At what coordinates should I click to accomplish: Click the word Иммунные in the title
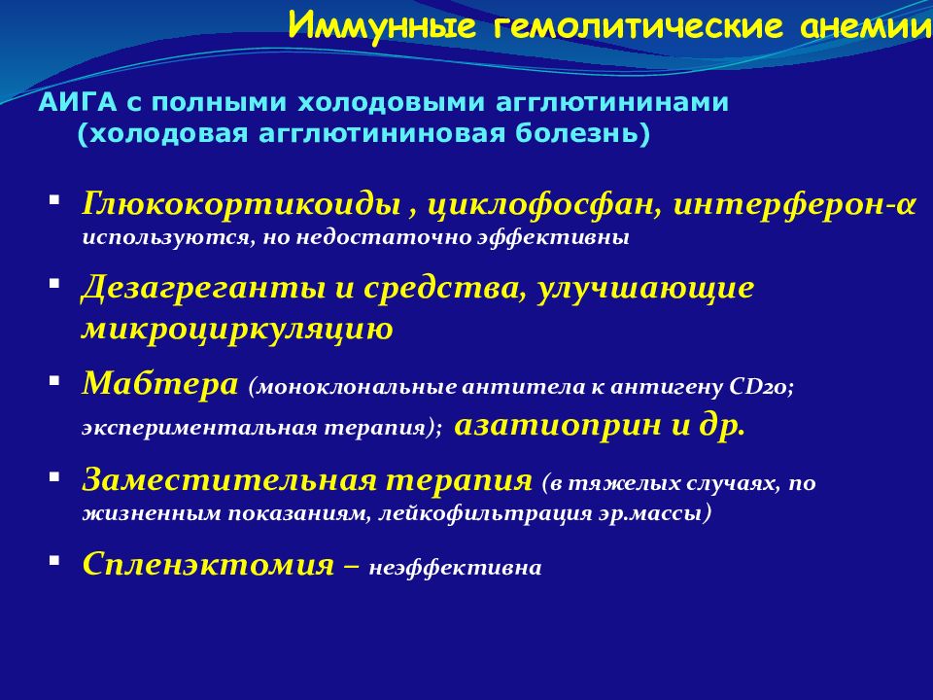[382, 27]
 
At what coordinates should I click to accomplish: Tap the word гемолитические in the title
[638, 27]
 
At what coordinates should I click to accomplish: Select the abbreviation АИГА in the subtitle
[78, 102]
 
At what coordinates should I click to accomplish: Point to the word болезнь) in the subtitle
[582, 133]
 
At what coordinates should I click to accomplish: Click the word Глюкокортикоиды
[241, 205]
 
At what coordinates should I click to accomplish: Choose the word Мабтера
[160, 383]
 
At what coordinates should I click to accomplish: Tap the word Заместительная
[230, 479]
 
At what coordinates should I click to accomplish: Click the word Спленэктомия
[208, 564]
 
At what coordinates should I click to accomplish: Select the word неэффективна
[455, 568]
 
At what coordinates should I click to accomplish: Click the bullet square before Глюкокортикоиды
[54, 200]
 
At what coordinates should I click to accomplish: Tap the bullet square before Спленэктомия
[54, 560]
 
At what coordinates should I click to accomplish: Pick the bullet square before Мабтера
[54, 380]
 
